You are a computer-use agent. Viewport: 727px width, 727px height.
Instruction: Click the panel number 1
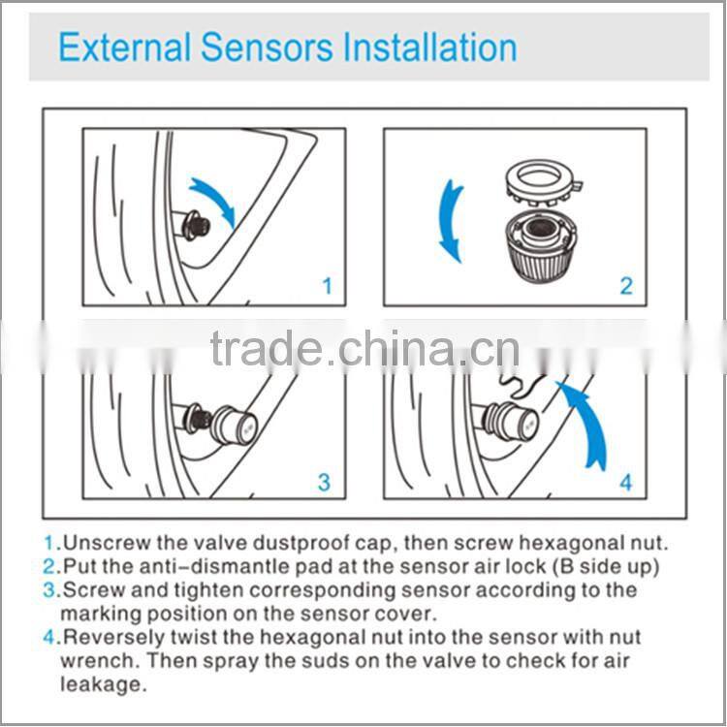click(327, 286)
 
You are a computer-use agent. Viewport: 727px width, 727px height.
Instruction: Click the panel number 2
click(626, 286)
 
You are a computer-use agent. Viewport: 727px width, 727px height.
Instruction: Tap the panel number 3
click(325, 482)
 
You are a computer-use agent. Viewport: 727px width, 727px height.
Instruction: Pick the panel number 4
click(626, 482)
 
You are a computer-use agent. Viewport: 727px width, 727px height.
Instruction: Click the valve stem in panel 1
click(192, 226)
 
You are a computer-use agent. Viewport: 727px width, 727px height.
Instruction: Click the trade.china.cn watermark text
click(363, 351)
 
